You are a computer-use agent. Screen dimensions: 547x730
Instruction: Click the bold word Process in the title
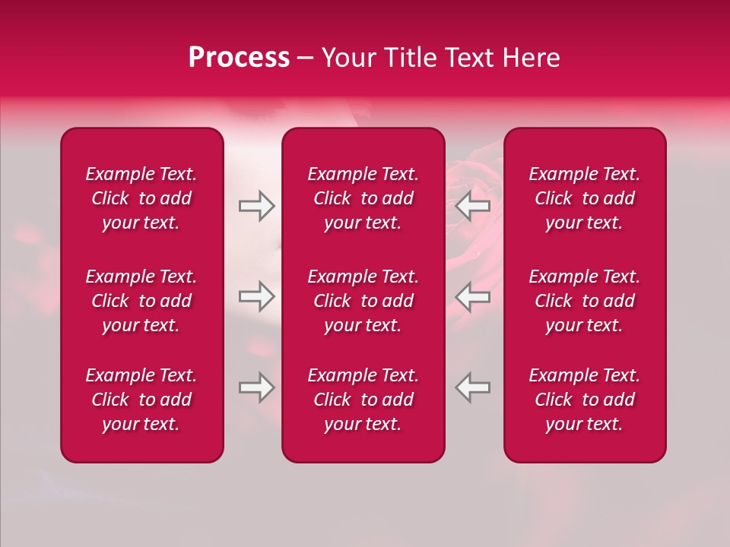click(239, 58)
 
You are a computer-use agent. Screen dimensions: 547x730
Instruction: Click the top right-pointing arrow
click(256, 206)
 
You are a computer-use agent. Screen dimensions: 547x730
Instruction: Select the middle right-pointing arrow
click(256, 296)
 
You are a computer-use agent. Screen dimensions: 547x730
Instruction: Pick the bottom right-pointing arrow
click(256, 387)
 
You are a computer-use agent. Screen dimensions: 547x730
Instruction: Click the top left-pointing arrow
click(473, 206)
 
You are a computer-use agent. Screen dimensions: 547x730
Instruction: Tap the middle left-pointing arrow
click(473, 296)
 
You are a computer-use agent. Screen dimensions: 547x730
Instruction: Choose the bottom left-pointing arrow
click(473, 387)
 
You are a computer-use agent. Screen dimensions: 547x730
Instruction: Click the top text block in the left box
click(141, 198)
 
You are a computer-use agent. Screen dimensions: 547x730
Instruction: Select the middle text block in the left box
click(141, 301)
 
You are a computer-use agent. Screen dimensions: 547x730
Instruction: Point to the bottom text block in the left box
click(141, 400)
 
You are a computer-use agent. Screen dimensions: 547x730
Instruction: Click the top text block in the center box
click(363, 198)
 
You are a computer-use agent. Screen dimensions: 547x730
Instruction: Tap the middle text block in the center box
click(363, 301)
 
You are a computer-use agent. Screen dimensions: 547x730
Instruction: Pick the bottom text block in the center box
click(363, 400)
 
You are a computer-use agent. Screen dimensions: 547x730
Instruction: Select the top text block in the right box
click(585, 198)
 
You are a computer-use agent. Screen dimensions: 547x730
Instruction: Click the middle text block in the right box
click(585, 301)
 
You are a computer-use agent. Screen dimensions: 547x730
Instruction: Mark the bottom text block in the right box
click(585, 400)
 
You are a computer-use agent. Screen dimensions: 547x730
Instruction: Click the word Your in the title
click(348, 58)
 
